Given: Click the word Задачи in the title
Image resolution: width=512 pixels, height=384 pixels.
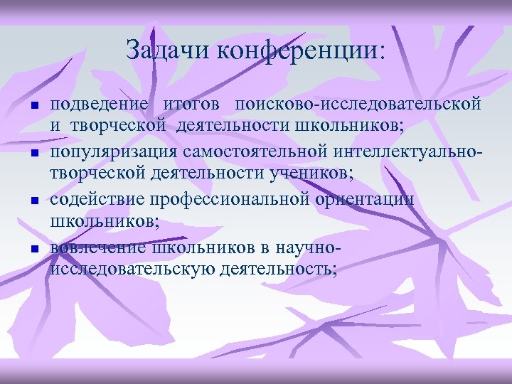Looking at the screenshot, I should pyautogui.click(x=168, y=50).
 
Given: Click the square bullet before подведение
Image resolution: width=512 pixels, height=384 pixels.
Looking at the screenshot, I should pyautogui.click(x=33, y=106).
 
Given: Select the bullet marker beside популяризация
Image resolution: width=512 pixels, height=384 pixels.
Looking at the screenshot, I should pyautogui.click(x=33, y=154).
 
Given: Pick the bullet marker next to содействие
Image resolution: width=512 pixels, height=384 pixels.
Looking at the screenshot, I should pyautogui.click(x=33, y=201).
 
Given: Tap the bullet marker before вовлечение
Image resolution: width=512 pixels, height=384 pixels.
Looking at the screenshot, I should pyautogui.click(x=33, y=249).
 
